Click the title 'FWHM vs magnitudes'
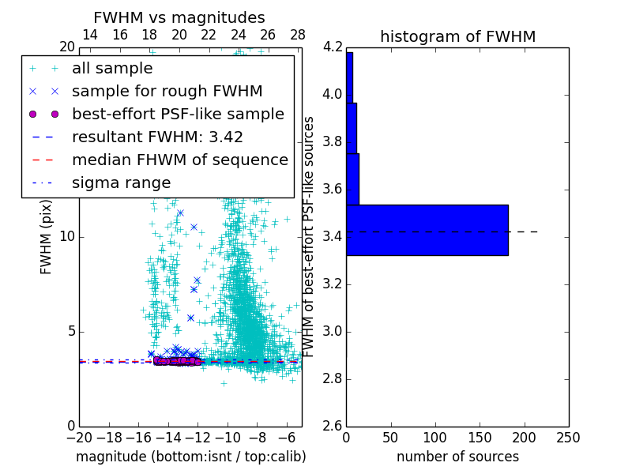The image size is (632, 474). [179, 17]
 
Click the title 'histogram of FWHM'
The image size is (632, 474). [457, 36]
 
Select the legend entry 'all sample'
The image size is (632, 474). [112, 69]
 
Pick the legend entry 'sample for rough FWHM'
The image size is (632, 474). [167, 92]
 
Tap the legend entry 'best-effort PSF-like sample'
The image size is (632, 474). [178, 115]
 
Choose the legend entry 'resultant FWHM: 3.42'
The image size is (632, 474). [157, 137]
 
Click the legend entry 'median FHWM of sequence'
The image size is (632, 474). [179, 160]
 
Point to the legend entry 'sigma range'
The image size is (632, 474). [121, 183]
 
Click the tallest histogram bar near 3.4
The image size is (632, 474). [427, 230]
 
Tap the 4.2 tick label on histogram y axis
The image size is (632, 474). [332, 47]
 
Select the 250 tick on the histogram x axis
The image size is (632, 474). [568, 438]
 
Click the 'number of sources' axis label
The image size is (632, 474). [457, 457]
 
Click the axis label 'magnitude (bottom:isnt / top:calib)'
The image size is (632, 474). [190, 457]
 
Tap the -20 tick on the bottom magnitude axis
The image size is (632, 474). [79, 438]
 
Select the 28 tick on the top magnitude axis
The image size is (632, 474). [298, 36]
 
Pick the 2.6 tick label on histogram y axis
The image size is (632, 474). [332, 427]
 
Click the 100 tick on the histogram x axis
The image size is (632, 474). [435, 438]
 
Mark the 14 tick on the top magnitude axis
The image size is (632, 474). [90, 36]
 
